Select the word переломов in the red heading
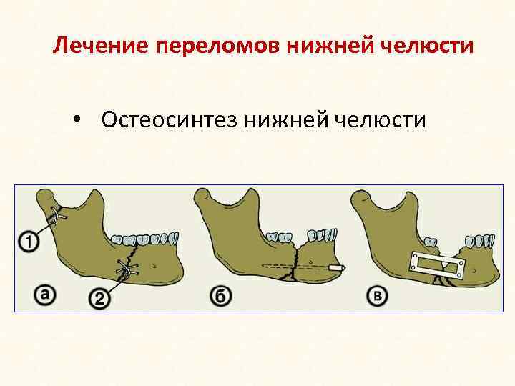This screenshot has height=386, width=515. [x=217, y=46]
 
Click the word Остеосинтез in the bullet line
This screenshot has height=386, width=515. [x=169, y=119]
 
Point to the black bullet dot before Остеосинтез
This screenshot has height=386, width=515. [x=77, y=119]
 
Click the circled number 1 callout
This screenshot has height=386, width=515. [x=29, y=242]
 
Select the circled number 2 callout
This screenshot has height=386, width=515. [x=99, y=298]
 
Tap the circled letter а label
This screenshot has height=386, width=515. [x=45, y=295]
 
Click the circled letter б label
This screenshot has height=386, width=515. [x=221, y=296]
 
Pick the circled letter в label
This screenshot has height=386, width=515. [x=378, y=295]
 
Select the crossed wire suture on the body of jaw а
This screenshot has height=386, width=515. [x=127, y=269]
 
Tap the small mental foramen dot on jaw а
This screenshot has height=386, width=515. [x=154, y=265]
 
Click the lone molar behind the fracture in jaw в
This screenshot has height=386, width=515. [x=431, y=242]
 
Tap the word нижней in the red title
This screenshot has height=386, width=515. [x=330, y=45]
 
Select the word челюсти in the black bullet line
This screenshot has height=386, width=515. [x=381, y=119]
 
